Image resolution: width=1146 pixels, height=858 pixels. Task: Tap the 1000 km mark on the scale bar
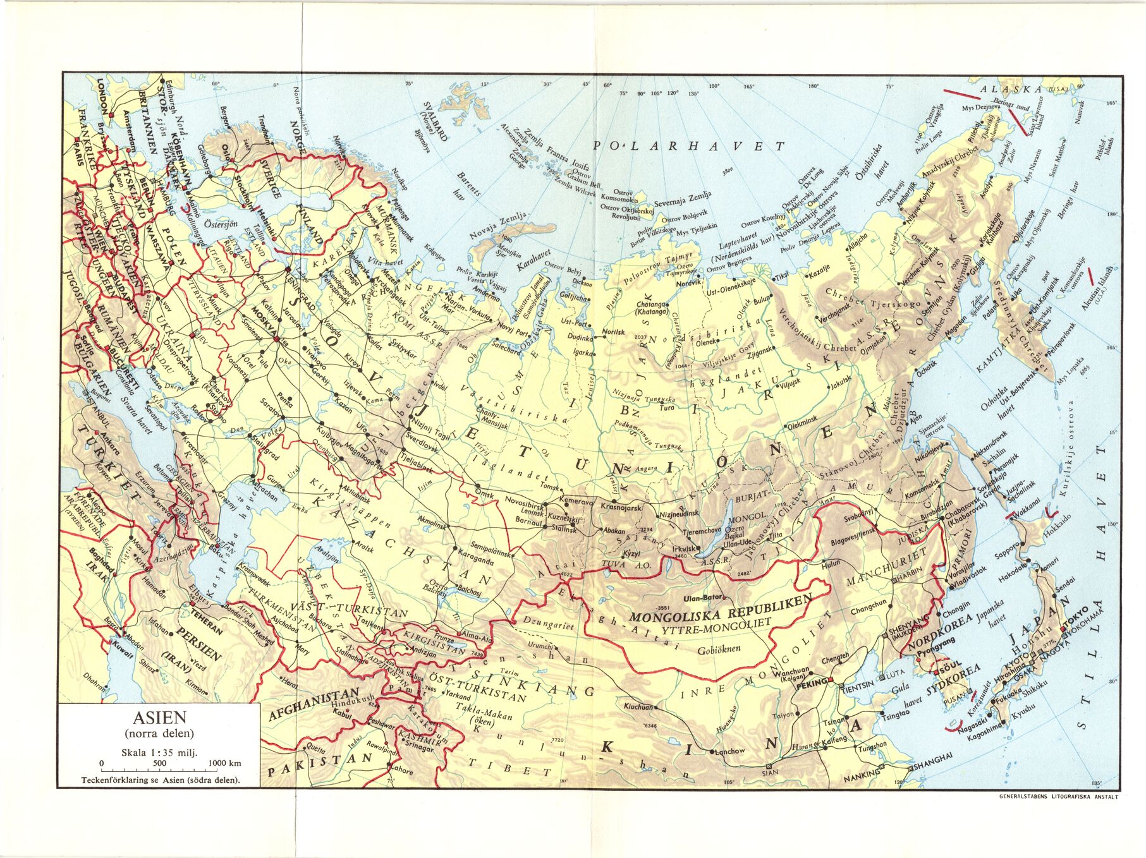click(226, 763)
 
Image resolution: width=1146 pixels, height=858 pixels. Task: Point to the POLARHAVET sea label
click(688, 146)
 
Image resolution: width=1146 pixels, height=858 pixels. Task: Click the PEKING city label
click(811, 683)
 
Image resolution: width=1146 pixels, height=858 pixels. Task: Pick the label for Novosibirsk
click(524, 506)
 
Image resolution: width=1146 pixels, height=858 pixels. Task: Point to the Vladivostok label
click(968, 570)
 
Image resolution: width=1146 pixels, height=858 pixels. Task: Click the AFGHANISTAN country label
click(314, 703)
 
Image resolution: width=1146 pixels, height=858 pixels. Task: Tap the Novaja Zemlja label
click(499, 228)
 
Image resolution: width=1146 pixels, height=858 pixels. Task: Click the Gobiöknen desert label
click(719, 648)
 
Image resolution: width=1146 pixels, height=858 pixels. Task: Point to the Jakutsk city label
click(841, 382)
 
